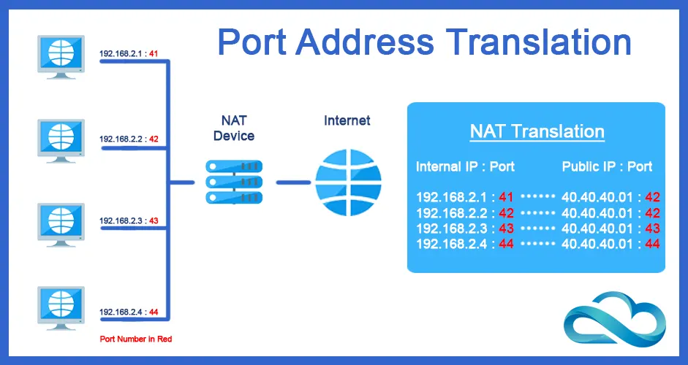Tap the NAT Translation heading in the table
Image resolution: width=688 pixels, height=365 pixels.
pyautogui.click(x=537, y=132)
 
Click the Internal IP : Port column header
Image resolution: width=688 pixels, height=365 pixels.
pyautogui.click(x=465, y=166)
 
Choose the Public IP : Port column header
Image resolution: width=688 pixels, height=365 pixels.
pyautogui.click(x=607, y=166)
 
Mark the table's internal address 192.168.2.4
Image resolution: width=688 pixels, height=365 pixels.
pyautogui.click(x=453, y=243)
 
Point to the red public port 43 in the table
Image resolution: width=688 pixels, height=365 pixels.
pyautogui.click(x=653, y=228)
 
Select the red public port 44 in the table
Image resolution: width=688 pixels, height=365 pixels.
pyautogui.click(x=653, y=243)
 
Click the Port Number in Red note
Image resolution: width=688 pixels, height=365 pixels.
pyautogui.click(x=136, y=339)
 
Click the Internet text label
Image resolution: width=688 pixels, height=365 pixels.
pyautogui.click(x=347, y=120)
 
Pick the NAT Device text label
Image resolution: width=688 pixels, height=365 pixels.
pyautogui.click(x=234, y=128)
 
